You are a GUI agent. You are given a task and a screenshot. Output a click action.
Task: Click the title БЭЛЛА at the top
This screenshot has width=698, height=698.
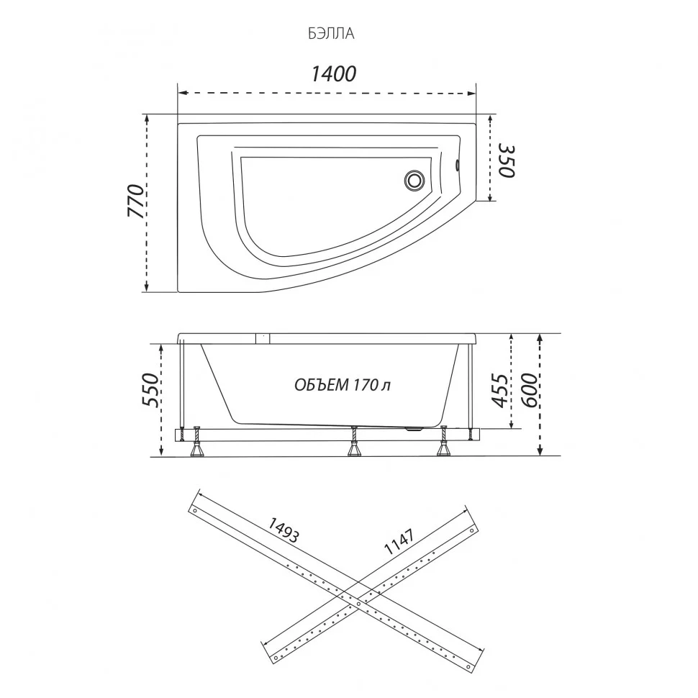331,34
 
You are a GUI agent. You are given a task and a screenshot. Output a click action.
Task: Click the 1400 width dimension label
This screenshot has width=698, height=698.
333,74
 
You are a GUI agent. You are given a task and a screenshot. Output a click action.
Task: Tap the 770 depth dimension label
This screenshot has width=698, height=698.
137,200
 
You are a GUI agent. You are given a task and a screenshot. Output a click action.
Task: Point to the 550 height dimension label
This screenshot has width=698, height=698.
150,389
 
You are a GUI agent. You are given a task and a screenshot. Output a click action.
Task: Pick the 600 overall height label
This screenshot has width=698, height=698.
529,391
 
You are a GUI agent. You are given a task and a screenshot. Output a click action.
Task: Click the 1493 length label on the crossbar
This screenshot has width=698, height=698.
283,530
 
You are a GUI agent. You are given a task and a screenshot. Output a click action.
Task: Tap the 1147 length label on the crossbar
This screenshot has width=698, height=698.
399,541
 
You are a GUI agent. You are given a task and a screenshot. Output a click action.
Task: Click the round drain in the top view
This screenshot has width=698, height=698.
414,181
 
